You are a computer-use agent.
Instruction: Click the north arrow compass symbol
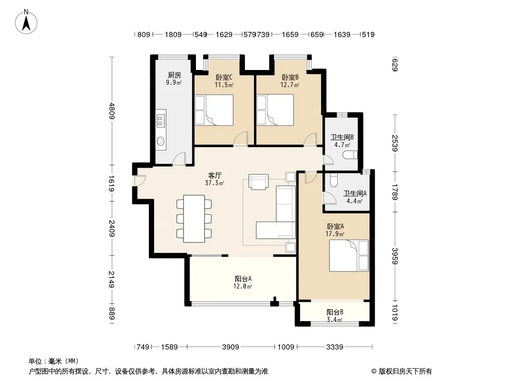pos(26,22)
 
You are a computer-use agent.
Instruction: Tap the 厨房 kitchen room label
pos(174,75)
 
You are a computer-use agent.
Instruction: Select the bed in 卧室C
pos(214,110)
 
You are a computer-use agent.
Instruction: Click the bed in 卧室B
pos(275,110)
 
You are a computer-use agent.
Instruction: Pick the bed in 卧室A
pos(349,255)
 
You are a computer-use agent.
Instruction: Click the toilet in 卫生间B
pos(350,155)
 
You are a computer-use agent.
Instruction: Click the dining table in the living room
pos(194,219)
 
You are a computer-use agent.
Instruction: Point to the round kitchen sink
pos(161,141)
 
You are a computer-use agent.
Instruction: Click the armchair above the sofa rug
pos(258,181)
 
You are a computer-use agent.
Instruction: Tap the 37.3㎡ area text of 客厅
pos(214,183)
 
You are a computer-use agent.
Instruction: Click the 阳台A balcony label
pos(243,279)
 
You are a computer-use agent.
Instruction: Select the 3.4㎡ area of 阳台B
pos(335,320)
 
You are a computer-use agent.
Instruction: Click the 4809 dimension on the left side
pos(112,110)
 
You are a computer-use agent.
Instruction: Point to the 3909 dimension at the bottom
pos(231,347)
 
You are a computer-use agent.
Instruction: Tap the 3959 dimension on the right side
pos(395,256)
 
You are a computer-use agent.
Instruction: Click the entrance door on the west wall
pos(139,180)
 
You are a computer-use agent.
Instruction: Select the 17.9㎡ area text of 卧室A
pos(335,234)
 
